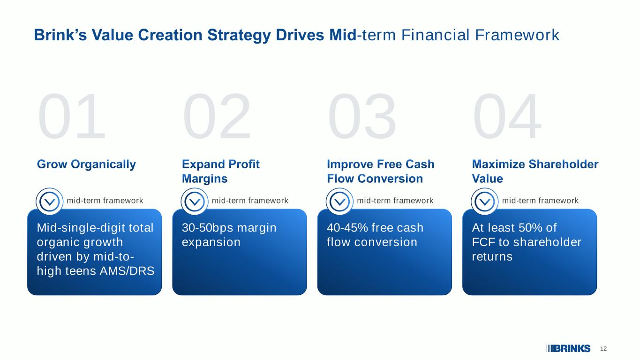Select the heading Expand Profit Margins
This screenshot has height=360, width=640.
[x=220, y=172]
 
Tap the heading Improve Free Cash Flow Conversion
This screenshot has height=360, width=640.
[x=381, y=172]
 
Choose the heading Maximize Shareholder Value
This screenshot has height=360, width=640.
[x=535, y=172]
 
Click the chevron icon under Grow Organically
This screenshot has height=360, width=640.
[x=49, y=202]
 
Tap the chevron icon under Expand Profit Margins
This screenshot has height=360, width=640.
[x=195, y=202]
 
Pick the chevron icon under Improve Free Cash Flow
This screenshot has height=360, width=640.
[x=340, y=202]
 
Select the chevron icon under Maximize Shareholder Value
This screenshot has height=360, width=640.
[x=485, y=202]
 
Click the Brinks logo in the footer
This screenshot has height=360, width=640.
[x=568, y=349]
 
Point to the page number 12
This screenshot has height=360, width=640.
[x=603, y=349]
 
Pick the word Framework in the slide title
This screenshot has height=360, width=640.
[x=517, y=35]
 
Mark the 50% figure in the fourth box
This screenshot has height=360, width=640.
[x=530, y=228]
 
